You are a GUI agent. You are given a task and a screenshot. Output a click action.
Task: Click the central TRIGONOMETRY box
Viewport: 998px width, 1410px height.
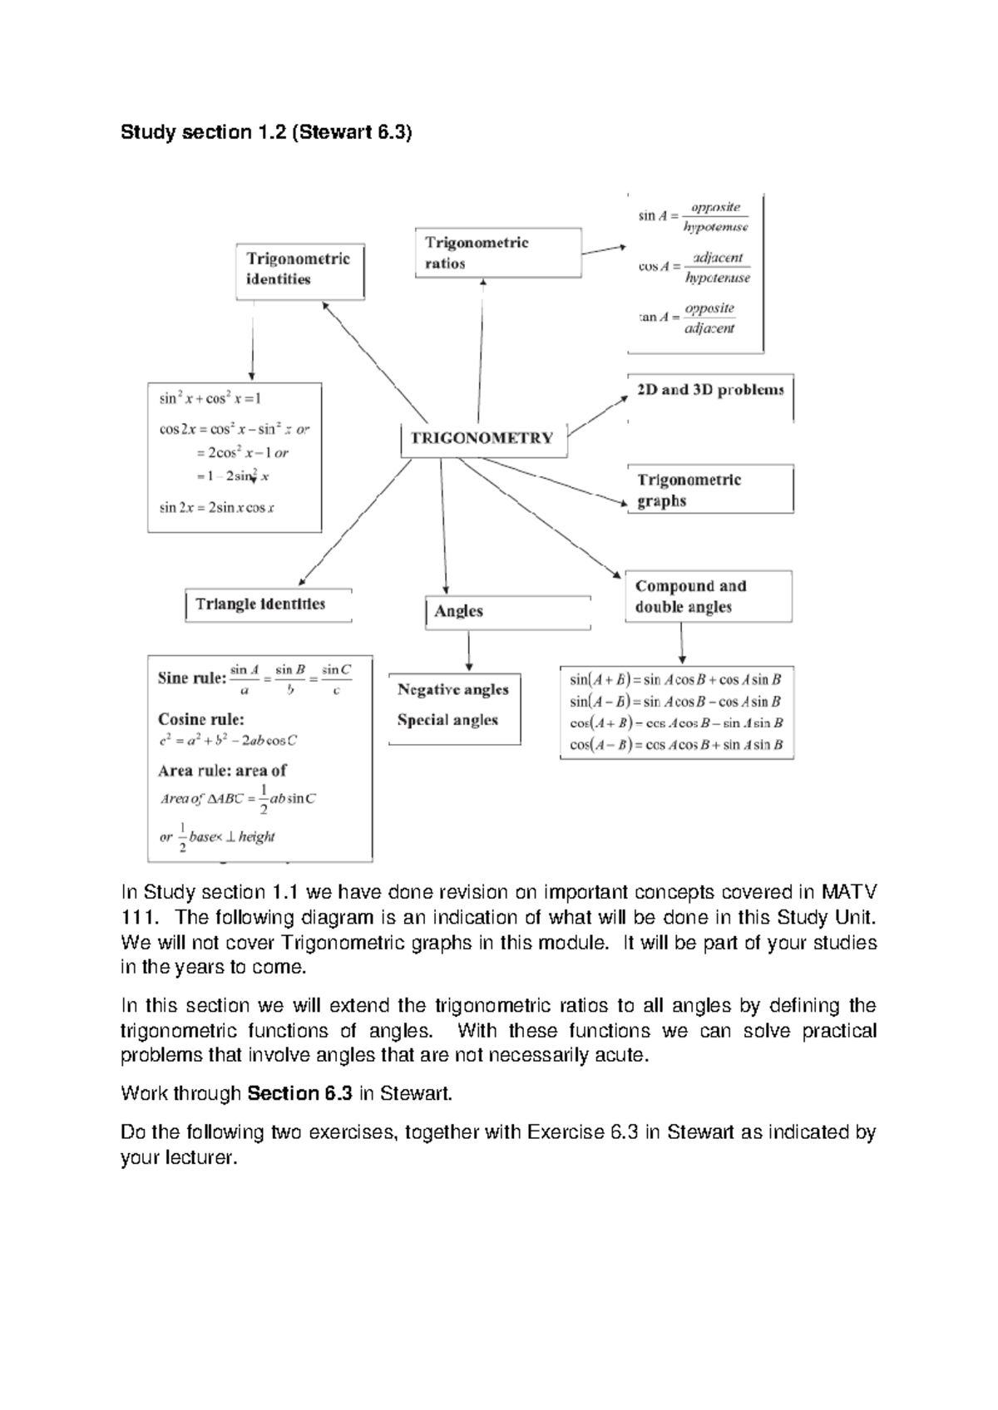click(x=483, y=438)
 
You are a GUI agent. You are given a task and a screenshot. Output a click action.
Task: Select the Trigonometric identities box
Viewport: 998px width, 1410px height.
click(x=299, y=270)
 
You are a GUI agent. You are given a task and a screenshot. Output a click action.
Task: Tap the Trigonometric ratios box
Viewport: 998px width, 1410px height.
click(x=497, y=253)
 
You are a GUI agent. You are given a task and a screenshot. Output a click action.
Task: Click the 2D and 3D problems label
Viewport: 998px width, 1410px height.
click(x=709, y=390)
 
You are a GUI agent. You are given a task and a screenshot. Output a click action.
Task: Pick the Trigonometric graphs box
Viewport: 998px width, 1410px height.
click(x=709, y=490)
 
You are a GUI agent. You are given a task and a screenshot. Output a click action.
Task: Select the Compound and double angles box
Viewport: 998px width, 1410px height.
click(x=708, y=596)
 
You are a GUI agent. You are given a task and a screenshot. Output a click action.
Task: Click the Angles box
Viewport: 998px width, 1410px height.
click(x=506, y=611)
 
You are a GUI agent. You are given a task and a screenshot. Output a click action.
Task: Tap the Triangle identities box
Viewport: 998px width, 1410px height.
click(x=268, y=604)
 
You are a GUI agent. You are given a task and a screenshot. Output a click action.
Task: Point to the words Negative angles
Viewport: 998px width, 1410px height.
click(x=452, y=689)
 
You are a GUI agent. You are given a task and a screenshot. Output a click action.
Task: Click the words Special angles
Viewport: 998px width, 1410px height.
click(x=447, y=720)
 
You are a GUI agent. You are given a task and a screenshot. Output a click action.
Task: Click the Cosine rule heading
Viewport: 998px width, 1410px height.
click(x=201, y=719)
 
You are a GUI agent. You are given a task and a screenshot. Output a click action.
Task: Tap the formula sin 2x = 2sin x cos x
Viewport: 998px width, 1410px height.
click(x=217, y=507)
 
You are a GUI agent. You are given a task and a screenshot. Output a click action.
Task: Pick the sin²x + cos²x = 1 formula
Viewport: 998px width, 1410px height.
click(x=210, y=398)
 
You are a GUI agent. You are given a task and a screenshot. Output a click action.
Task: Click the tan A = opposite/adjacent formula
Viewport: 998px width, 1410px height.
click(x=687, y=318)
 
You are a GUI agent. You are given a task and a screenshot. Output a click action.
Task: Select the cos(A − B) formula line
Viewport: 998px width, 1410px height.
click(x=676, y=745)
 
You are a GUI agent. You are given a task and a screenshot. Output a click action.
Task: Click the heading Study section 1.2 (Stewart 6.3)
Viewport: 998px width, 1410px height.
click(x=266, y=132)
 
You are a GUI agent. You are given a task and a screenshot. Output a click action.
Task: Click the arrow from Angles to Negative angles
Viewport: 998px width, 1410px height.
click(x=470, y=653)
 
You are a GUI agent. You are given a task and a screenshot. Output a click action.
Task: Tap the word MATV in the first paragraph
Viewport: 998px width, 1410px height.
click(x=849, y=893)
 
